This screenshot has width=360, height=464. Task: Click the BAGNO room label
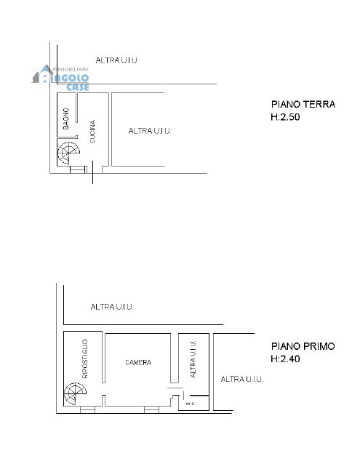coord(66,119)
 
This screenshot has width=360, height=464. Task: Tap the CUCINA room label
coord(93,131)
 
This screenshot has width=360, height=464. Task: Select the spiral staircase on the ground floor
coord(70,153)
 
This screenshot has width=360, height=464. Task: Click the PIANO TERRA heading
coord(303,105)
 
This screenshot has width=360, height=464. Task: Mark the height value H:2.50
coord(285,116)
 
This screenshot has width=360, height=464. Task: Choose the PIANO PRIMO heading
coord(303,347)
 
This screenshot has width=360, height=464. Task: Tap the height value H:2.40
coord(285,359)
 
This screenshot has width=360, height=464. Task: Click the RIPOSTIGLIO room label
coord(85,359)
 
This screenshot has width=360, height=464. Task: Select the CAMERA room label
coord(137,362)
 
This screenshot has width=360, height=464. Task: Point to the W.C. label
coord(191,403)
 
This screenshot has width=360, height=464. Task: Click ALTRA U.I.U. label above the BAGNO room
coord(117,60)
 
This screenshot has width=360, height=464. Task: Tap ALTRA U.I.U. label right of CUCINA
coord(149,131)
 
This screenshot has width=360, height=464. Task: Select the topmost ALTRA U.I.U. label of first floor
coord(112,307)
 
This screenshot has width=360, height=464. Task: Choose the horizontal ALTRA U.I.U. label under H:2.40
coord(241,379)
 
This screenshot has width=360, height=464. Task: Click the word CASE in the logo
coord(78,87)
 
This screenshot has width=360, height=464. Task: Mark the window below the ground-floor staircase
coord(76,170)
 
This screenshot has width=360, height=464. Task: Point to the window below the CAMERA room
coord(151,409)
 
